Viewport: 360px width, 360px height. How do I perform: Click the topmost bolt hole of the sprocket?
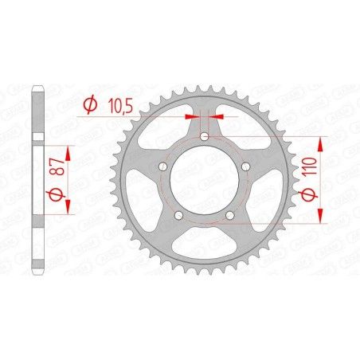coord(205,138)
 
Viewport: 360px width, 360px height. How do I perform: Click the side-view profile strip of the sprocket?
coord(37,180)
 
